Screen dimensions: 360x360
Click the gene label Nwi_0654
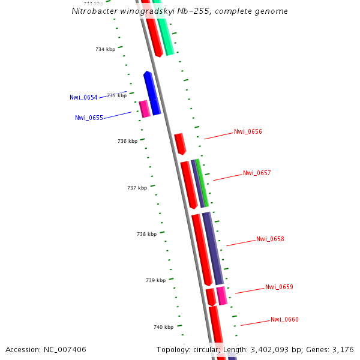tap(83, 97)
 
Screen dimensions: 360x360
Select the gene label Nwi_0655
tap(89, 118)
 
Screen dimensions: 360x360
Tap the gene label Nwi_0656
tap(248, 131)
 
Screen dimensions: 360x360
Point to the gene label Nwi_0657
tap(257, 173)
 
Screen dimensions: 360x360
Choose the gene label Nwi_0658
tap(270, 239)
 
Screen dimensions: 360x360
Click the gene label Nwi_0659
tap(279, 287)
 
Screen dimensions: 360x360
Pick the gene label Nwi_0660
tap(284, 319)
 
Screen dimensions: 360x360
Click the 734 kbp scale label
tap(105, 49)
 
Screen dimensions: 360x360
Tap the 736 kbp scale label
tap(127, 141)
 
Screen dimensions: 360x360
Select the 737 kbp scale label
tap(137, 188)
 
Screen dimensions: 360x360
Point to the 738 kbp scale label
tap(146, 234)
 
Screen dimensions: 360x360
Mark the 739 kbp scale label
tap(155, 280)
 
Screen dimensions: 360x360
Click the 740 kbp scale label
tap(163, 327)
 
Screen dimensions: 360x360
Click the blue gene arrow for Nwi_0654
tap(151, 93)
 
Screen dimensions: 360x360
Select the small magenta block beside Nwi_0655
tap(144, 109)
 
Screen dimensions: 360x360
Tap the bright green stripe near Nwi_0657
tap(203, 184)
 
